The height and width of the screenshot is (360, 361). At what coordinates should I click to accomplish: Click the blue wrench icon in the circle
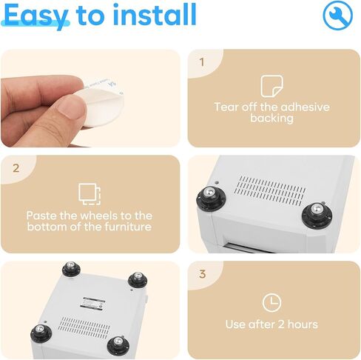point(337,16)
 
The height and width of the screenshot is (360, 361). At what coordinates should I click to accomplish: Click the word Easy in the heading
point(36,16)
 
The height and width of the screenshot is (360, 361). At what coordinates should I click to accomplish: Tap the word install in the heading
point(155,14)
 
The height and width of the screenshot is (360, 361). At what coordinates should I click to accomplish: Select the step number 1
point(202,62)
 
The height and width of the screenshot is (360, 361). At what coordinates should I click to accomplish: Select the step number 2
point(16,168)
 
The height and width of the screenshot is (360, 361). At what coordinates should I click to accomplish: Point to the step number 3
point(202,274)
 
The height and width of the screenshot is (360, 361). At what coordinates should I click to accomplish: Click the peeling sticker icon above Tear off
point(271,86)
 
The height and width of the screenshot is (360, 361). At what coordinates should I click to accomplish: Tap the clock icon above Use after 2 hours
point(271,302)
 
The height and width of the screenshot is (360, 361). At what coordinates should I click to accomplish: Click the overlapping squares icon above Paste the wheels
point(90,194)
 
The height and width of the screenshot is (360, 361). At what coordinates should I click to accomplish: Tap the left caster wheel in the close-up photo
point(211,198)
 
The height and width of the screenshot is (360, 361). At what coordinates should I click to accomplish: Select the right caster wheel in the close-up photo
point(317,215)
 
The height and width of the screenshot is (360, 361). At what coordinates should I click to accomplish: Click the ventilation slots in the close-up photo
point(270,191)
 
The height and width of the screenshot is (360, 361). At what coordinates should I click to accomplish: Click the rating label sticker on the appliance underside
point(92,303)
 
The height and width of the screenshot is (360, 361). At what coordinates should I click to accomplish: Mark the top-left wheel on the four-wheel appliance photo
point(71,269)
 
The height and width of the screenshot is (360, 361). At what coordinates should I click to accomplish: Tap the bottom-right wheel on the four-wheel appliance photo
point(118,344)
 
